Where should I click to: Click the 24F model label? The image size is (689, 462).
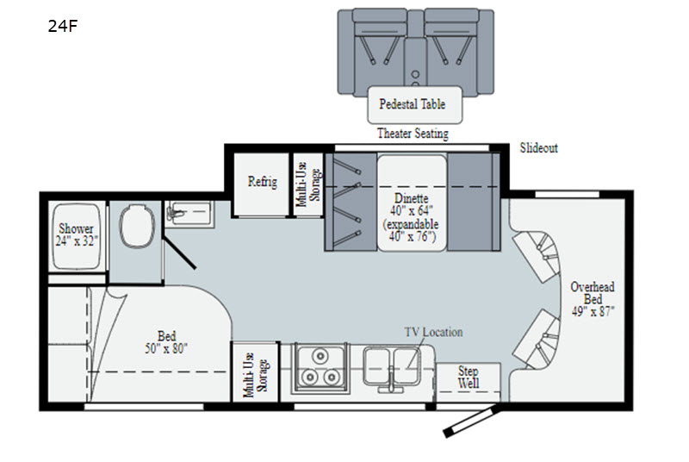[62, 26]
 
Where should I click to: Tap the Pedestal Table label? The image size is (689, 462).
[413, 104]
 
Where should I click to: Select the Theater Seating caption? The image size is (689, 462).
[413, 134]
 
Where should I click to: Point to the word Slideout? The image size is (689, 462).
[539, 147]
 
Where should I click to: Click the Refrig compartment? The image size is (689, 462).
[261, 184]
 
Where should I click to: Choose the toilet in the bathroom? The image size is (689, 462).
[137, 226]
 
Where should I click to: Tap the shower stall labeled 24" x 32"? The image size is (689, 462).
[76, 236]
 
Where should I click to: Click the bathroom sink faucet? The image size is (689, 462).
[175, 214]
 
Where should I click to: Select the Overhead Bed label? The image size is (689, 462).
[593, 299]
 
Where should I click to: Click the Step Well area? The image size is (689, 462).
[469, 381]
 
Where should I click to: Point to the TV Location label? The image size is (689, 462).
[433, 332]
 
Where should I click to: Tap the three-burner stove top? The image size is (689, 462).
[320, 367]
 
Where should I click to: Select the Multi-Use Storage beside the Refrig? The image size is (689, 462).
[308, 184]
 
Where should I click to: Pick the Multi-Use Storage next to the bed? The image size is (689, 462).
[255, 372]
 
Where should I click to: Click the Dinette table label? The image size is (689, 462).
[411, 217]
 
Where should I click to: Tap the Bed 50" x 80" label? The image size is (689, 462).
[166, 342]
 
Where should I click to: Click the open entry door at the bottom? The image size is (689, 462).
[470, 421]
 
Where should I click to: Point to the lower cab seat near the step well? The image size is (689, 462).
[536, 340]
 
